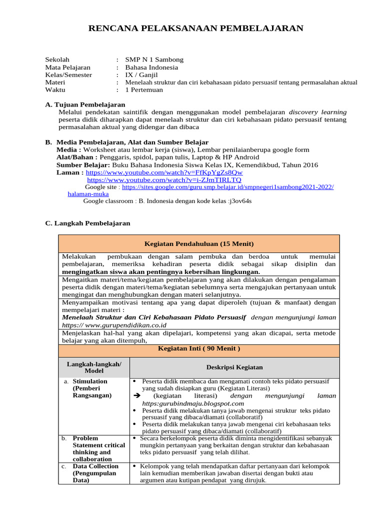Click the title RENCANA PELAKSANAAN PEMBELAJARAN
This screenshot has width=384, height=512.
point(195,28)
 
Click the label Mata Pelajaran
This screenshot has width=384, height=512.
point(67,67)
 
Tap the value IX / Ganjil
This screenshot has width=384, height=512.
point(142,75)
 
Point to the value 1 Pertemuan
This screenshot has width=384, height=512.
point(144,90)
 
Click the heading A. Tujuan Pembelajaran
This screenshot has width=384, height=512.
point(85,104)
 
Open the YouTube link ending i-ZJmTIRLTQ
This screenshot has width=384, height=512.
point(164,179)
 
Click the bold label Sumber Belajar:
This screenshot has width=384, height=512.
point(83,164)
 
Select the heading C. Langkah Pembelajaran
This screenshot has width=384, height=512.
point(87,223)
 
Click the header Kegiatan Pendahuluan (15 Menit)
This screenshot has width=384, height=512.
point(199,243)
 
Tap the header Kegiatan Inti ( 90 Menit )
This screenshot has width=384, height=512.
point(199,348)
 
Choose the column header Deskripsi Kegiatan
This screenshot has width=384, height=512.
point(234,367)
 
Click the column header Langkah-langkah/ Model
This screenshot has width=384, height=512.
point(93,367)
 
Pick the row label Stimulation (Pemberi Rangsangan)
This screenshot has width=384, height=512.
point(92,388)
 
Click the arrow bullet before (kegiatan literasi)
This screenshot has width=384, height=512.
point(138,395)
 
